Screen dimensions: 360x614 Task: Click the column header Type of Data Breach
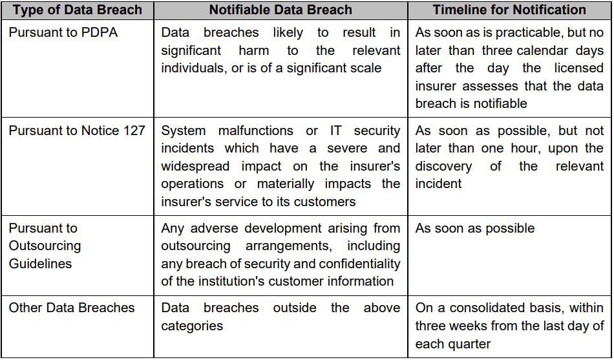tap(77, 10)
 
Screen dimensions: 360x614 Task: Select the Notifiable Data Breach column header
tap(281, 10)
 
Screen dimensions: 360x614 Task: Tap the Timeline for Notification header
tap(510, 10)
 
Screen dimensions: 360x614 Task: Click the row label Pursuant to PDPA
tap(63, 32)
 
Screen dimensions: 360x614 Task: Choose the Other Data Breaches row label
tap(72, 308)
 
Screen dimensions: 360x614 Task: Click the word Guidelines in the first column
tap(40, 264)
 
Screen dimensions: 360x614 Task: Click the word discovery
tap(443, 166)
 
